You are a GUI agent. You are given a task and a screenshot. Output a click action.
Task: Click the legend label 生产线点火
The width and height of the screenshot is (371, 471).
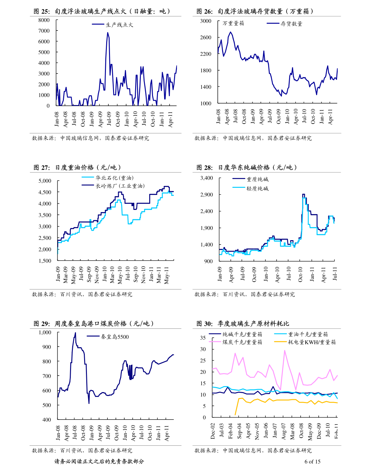coord(119,25)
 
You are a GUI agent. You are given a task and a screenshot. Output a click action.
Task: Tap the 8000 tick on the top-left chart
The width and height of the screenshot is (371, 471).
coord(44,20)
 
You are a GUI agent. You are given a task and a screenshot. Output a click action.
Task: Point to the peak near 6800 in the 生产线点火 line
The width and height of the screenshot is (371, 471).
coord(108,32)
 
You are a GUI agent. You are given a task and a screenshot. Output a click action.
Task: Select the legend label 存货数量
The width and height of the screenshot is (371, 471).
coord(292,24)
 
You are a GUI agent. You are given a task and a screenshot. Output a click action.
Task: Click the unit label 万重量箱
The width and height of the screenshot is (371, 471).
coord(233,23)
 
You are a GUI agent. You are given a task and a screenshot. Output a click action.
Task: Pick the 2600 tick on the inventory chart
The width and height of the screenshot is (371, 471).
coord(206,37)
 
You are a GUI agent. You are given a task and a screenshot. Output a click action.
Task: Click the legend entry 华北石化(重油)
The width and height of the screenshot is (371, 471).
coord(114,178)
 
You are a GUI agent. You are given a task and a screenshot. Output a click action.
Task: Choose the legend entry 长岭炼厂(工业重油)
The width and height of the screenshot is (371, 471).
coord(120,186)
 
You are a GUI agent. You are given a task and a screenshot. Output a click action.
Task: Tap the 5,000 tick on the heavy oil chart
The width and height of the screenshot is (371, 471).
coord(45,181)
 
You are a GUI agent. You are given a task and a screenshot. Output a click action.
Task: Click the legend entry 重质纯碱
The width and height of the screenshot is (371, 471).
coord(258,179)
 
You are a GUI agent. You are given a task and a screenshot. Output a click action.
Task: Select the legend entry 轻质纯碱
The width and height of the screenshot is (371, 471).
coord(258,188)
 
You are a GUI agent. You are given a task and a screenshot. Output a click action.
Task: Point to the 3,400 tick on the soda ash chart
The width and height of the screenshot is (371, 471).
coord(207,178)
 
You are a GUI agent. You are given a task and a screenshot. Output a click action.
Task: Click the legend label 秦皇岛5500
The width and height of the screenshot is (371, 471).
coord(115,337)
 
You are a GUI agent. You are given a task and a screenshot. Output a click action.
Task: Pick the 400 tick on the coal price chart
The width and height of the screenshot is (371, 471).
coord(47,420)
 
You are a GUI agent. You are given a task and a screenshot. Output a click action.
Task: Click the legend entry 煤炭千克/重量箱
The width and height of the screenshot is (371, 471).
coord(242,342)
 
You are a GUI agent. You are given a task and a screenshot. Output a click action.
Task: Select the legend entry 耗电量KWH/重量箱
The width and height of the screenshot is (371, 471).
coord(312,342)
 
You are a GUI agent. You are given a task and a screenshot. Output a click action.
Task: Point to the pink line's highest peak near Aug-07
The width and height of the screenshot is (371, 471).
coord(284,350)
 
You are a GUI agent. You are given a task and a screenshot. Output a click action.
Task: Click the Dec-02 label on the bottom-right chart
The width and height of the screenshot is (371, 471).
coord(213,431)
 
